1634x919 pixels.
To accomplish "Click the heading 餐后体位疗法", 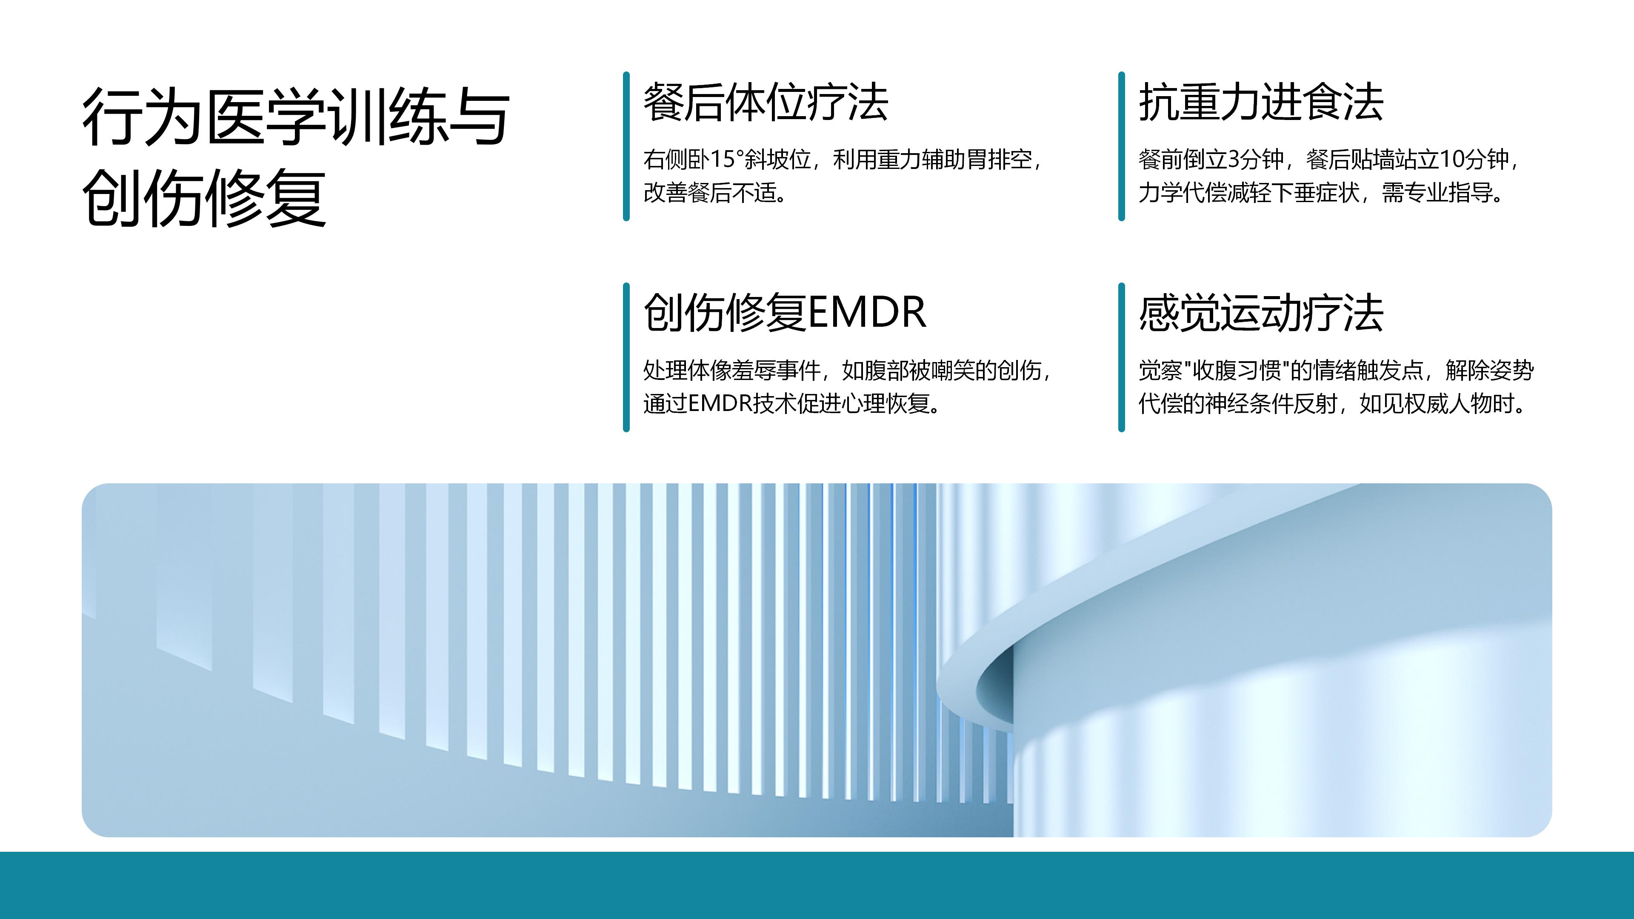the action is coord(766,102).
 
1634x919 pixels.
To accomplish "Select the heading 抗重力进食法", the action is coord(1261,102).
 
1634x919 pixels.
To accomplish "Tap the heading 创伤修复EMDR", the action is coord(785,313).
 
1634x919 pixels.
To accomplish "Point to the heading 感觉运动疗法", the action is coord(1261,313).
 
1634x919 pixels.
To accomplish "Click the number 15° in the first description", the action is coord(727,159).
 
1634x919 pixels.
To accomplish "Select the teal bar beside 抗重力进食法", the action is coord(1122,146).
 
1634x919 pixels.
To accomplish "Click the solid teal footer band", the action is coord(817,885).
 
